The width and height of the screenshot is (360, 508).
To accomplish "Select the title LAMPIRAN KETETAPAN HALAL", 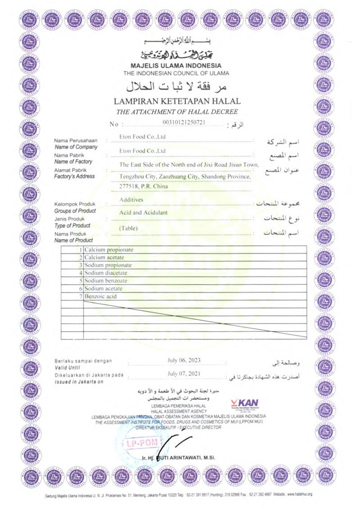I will pyautogui.click(x=177, y=102).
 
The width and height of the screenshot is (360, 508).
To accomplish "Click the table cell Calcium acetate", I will pyautogui.click(x=104, y=258).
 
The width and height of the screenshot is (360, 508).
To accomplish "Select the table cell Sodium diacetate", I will pyautogui.click(x=106, y=273).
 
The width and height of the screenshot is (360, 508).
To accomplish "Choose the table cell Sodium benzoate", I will pyautogui.click(x=106, y=281).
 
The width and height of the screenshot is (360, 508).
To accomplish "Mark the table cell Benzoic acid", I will pyautogui.click(x=101, y=296).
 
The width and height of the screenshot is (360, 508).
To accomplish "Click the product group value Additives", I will pyautogui.click(x=131, y=199).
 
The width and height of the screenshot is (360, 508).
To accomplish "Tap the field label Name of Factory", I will pyautogui.click(x=73, y=161).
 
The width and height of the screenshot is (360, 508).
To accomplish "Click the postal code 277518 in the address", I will pyautogui.click(x=129, y=187).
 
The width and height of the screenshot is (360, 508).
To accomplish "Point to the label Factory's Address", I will pyautogui.click(x=74, y=176).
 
